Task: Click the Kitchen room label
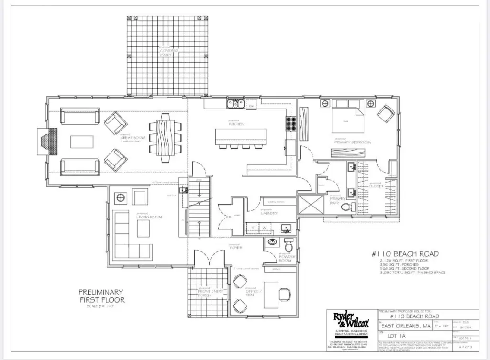[x=237, y=123]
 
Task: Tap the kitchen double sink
[x=235, y=103]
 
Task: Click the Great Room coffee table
[x=82, y=142]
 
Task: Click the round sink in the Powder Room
[x=272, y=242]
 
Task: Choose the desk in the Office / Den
[x=271, y=295]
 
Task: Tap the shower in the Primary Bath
[x=310, y=205]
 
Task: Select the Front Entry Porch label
[x=208, y=293]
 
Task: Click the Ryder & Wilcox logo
[x=351, y=319]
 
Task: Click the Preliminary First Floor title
[x=101, y=296]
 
